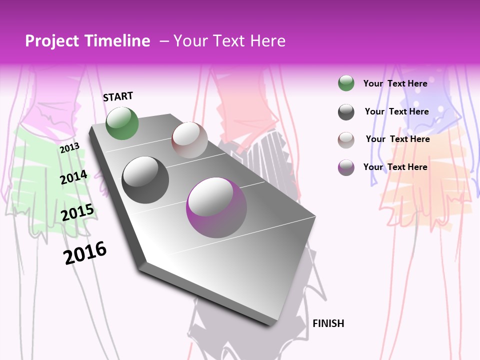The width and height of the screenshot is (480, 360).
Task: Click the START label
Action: pyautogui.click(x=118, y=96)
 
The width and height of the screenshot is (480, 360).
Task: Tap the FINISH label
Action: pyautogui.click(x=328, y=323)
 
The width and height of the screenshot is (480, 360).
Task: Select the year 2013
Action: pyautogui.click(x=70, y=147)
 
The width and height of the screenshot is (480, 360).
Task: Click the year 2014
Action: pyautogui.click(x=73, y=177)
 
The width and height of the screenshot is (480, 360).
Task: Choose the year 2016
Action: pyautogui.click(x=85, y=252)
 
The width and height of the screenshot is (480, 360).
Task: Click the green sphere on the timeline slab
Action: pyautogui.click(x=122, y=123)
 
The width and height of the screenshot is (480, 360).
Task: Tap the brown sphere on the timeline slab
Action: pyautogui.click(x=189, y=140)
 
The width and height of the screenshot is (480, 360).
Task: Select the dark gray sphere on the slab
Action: pyautogui.click(x=145, y=180)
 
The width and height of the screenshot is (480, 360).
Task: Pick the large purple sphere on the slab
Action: pyautogui.click(x=216, y=207)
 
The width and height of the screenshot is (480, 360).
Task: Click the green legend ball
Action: pyautogui.click(x=346, y=83)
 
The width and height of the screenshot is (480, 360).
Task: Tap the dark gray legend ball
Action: pyautogui.click(x=346, y=112)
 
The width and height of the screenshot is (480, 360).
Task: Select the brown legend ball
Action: pyautogui.click(x=346, y=140)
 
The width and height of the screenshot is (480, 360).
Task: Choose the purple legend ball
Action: pyautogui.click(x=346, y=167)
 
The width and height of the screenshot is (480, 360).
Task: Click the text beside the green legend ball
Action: pyautogui.click(x=395, y=83)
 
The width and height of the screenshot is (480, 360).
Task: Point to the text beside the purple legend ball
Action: pyautogui.click(x=395, y=167)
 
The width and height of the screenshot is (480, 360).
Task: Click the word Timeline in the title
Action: pyautogui.click(x=117, y=41)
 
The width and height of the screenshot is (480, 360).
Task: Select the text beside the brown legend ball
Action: pyautogui.click(x=397, y=139)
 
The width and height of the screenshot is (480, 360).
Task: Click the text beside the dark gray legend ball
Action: pyautogui.click(x=396, y=111)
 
